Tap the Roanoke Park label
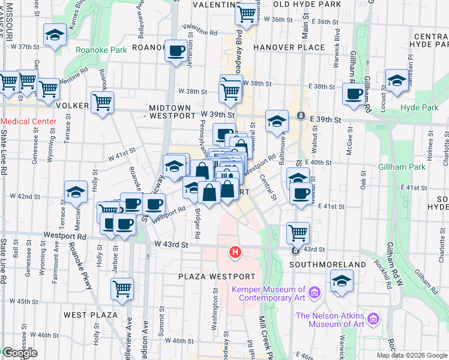[101, 50]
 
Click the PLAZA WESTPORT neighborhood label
[217, 277]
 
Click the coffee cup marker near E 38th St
[354, 93]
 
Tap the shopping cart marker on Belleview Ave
[122, 288]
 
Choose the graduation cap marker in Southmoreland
[342, 280]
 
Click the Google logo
[19, 353]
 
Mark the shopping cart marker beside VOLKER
[102, 102]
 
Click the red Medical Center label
[28, 121]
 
